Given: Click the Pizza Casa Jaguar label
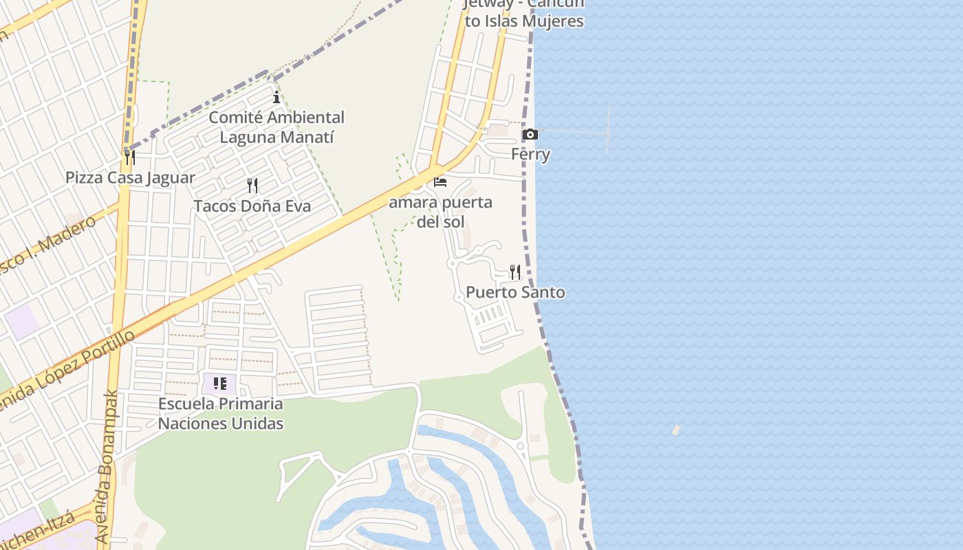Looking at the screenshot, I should pyautogui.click(x=130, y=178).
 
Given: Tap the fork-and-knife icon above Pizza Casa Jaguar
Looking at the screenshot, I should pyautogui.click(x=129, y=157).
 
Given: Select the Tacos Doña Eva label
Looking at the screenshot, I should pyautogui.click(x=252, y=206).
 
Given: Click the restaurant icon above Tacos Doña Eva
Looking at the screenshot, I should pyautogui.click(x=252, y=185).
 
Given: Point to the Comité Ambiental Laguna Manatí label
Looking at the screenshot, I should pyautogui.click(x=277, y=127).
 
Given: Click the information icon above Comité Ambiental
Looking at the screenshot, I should pyautogui.click(x=277, y=97).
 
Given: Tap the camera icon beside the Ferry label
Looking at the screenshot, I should pyautogui.click(x=530, y=134).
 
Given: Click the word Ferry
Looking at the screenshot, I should pyautogui.click(x=530, y=154).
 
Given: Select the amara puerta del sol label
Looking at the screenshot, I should pyautogui.click(x=440, y=212).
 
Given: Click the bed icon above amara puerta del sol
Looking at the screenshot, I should pyautogui.click(x=440, y=182).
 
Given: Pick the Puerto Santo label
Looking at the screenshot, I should pyautogui.click(x=515, y=292).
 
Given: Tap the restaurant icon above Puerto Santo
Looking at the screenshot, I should pyautogui.click(x=515, y=272).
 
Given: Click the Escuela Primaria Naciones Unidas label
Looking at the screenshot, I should pyautogui.click(x=220, y=413).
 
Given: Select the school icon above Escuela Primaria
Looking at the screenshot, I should pyautogui.click(x=220, y=384).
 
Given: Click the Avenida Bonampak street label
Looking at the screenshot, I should pyautogui.click(x=105, y=467).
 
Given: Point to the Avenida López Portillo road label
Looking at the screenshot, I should pyautogui.click(x=69, y=368).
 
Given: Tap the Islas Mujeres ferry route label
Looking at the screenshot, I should pyautogui.click(x=524, y=14).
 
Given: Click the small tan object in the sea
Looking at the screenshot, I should pyautogui.click(x=676, y=430).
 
